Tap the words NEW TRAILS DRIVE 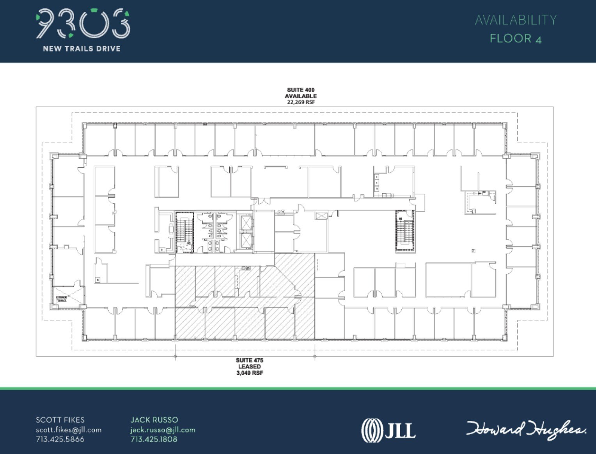[x=82, y=49]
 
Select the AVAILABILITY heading [x=515, y=20]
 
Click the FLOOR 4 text [x=515, y=39]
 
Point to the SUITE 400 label [x=300, y=90]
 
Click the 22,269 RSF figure [x=300, y=102]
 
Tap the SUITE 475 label [x=249, y=360]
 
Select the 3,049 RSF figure [x=249, y=373]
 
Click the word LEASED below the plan [x=249, y=367]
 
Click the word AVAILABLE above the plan [x=300, y=96]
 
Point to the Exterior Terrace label [x=61, y=299]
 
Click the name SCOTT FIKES [x=60, y=420]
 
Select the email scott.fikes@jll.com [x=69, y=430]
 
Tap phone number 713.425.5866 [x=60, y=439]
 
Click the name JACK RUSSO [x=154, y=420]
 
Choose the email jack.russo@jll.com [x=163, y=430]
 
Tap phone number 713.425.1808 [x=154, y=439]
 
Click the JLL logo [x=388, y=430]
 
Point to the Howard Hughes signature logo [x=526, y=430]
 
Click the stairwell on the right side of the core [x=405, y=231]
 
